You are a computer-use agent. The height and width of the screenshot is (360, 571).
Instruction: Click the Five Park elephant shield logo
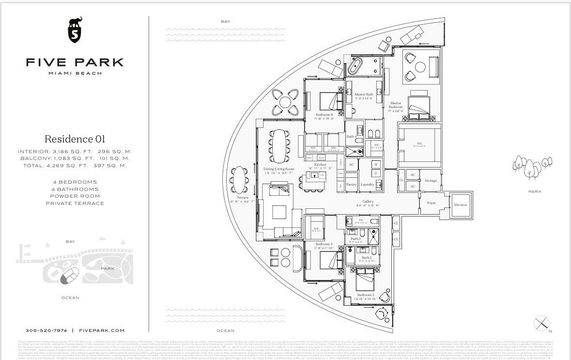click(x=75, y=30)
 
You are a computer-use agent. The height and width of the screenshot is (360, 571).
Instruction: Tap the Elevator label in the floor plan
click(x=461, y=205)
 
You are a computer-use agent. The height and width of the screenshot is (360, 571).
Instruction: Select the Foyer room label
click(x=431, y=203)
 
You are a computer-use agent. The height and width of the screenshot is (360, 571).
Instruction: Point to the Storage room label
click(x=431, y=181)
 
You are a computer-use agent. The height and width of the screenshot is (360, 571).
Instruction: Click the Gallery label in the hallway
click(x=368, y=202)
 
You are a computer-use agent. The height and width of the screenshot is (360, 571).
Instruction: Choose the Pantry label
click(x=351, y=185)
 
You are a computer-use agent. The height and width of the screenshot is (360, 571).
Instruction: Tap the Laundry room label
click(x=367, y=185)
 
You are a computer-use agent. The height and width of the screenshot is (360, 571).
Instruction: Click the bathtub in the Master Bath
click(x=355, y=66)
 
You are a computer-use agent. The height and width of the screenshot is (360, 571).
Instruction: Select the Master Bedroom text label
click(x=396, y=105)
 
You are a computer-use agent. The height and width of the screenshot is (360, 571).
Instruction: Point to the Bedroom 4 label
click(x=324, y=115)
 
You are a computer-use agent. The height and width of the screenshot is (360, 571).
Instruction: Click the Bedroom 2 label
click(x=366, y=295)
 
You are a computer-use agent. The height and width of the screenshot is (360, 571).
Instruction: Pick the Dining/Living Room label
click(x=279, y=169)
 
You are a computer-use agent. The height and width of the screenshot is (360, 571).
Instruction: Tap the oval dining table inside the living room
click(x=279, y=145)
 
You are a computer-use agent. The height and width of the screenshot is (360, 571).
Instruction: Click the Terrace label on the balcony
click(x=243, y=198)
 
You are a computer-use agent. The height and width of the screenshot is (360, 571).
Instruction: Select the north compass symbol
click(x=541, y=323)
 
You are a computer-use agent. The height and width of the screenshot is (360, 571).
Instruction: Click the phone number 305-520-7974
click(x=46, y=330)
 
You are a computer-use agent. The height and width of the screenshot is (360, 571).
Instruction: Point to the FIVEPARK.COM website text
click(x=101, y=330)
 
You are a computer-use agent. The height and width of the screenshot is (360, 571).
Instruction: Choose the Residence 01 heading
click(x=75, y=139)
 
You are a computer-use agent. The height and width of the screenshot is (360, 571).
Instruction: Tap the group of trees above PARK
click(x=532, y=166)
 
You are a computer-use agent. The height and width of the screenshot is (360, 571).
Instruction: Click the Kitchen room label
click(x=320, y=165)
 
